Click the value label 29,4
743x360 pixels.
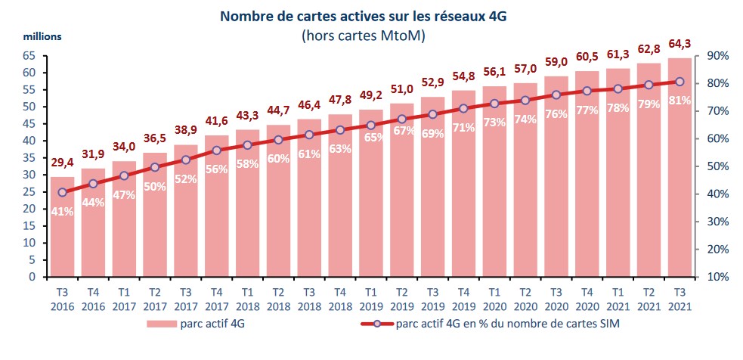click(62, 163)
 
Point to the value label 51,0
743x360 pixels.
click(401, 89)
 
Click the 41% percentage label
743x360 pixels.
click(62, 212)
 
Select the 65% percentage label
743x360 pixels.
click(371, 138)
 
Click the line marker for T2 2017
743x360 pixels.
click(155, 167)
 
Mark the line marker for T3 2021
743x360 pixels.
click(679, 82)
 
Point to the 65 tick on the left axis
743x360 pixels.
click(29, 56)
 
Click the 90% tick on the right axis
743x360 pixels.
click(717, 56)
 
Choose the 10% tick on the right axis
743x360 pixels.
click(717, 277)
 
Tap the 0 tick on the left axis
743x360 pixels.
click(33, 277)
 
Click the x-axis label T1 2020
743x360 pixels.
click(494, 297)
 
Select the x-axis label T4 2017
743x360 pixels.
click(216, 297)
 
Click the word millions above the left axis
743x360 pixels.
click(42, 36)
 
